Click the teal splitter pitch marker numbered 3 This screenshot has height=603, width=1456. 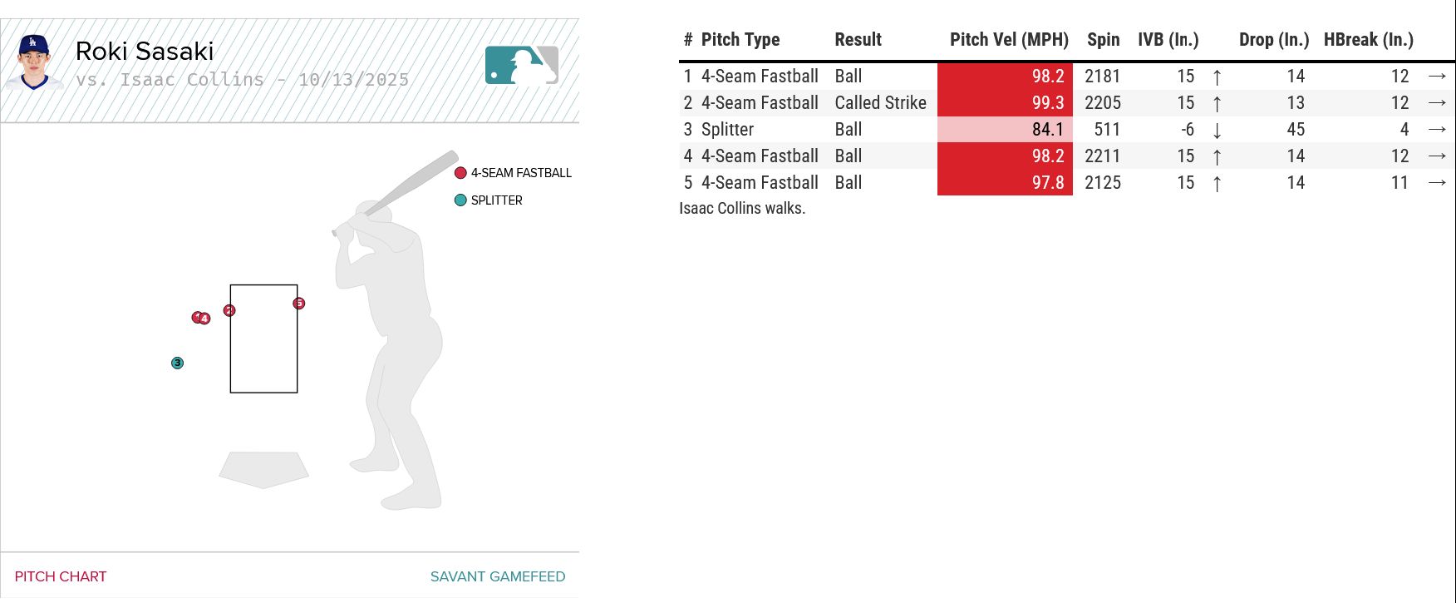pos(177,363)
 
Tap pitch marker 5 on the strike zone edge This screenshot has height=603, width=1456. pos(299,304)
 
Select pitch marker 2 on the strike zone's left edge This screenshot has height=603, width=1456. pos(229,310)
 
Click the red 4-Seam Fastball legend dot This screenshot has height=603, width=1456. pos(460,173)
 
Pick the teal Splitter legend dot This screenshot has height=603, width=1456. pos(460,200)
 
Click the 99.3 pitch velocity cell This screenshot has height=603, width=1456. pos(1005,103)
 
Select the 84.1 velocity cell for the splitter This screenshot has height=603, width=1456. pos(1005,130)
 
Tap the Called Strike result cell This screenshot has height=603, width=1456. pos(880,103)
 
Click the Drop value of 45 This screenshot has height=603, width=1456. pos(1295,130)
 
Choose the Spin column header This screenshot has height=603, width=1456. pos(1103,40)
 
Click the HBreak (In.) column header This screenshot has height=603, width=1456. pos(1368,40)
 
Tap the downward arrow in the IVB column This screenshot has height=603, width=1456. pos(1217,131)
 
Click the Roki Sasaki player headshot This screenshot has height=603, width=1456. pos(34,62)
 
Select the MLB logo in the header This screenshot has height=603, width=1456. pos(521,65)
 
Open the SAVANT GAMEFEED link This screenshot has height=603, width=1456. pos(497,576)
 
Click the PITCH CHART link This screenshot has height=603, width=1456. pos(61,576)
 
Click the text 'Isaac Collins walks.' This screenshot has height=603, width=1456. pos(742,208)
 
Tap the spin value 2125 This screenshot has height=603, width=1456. pos(1102,183)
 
